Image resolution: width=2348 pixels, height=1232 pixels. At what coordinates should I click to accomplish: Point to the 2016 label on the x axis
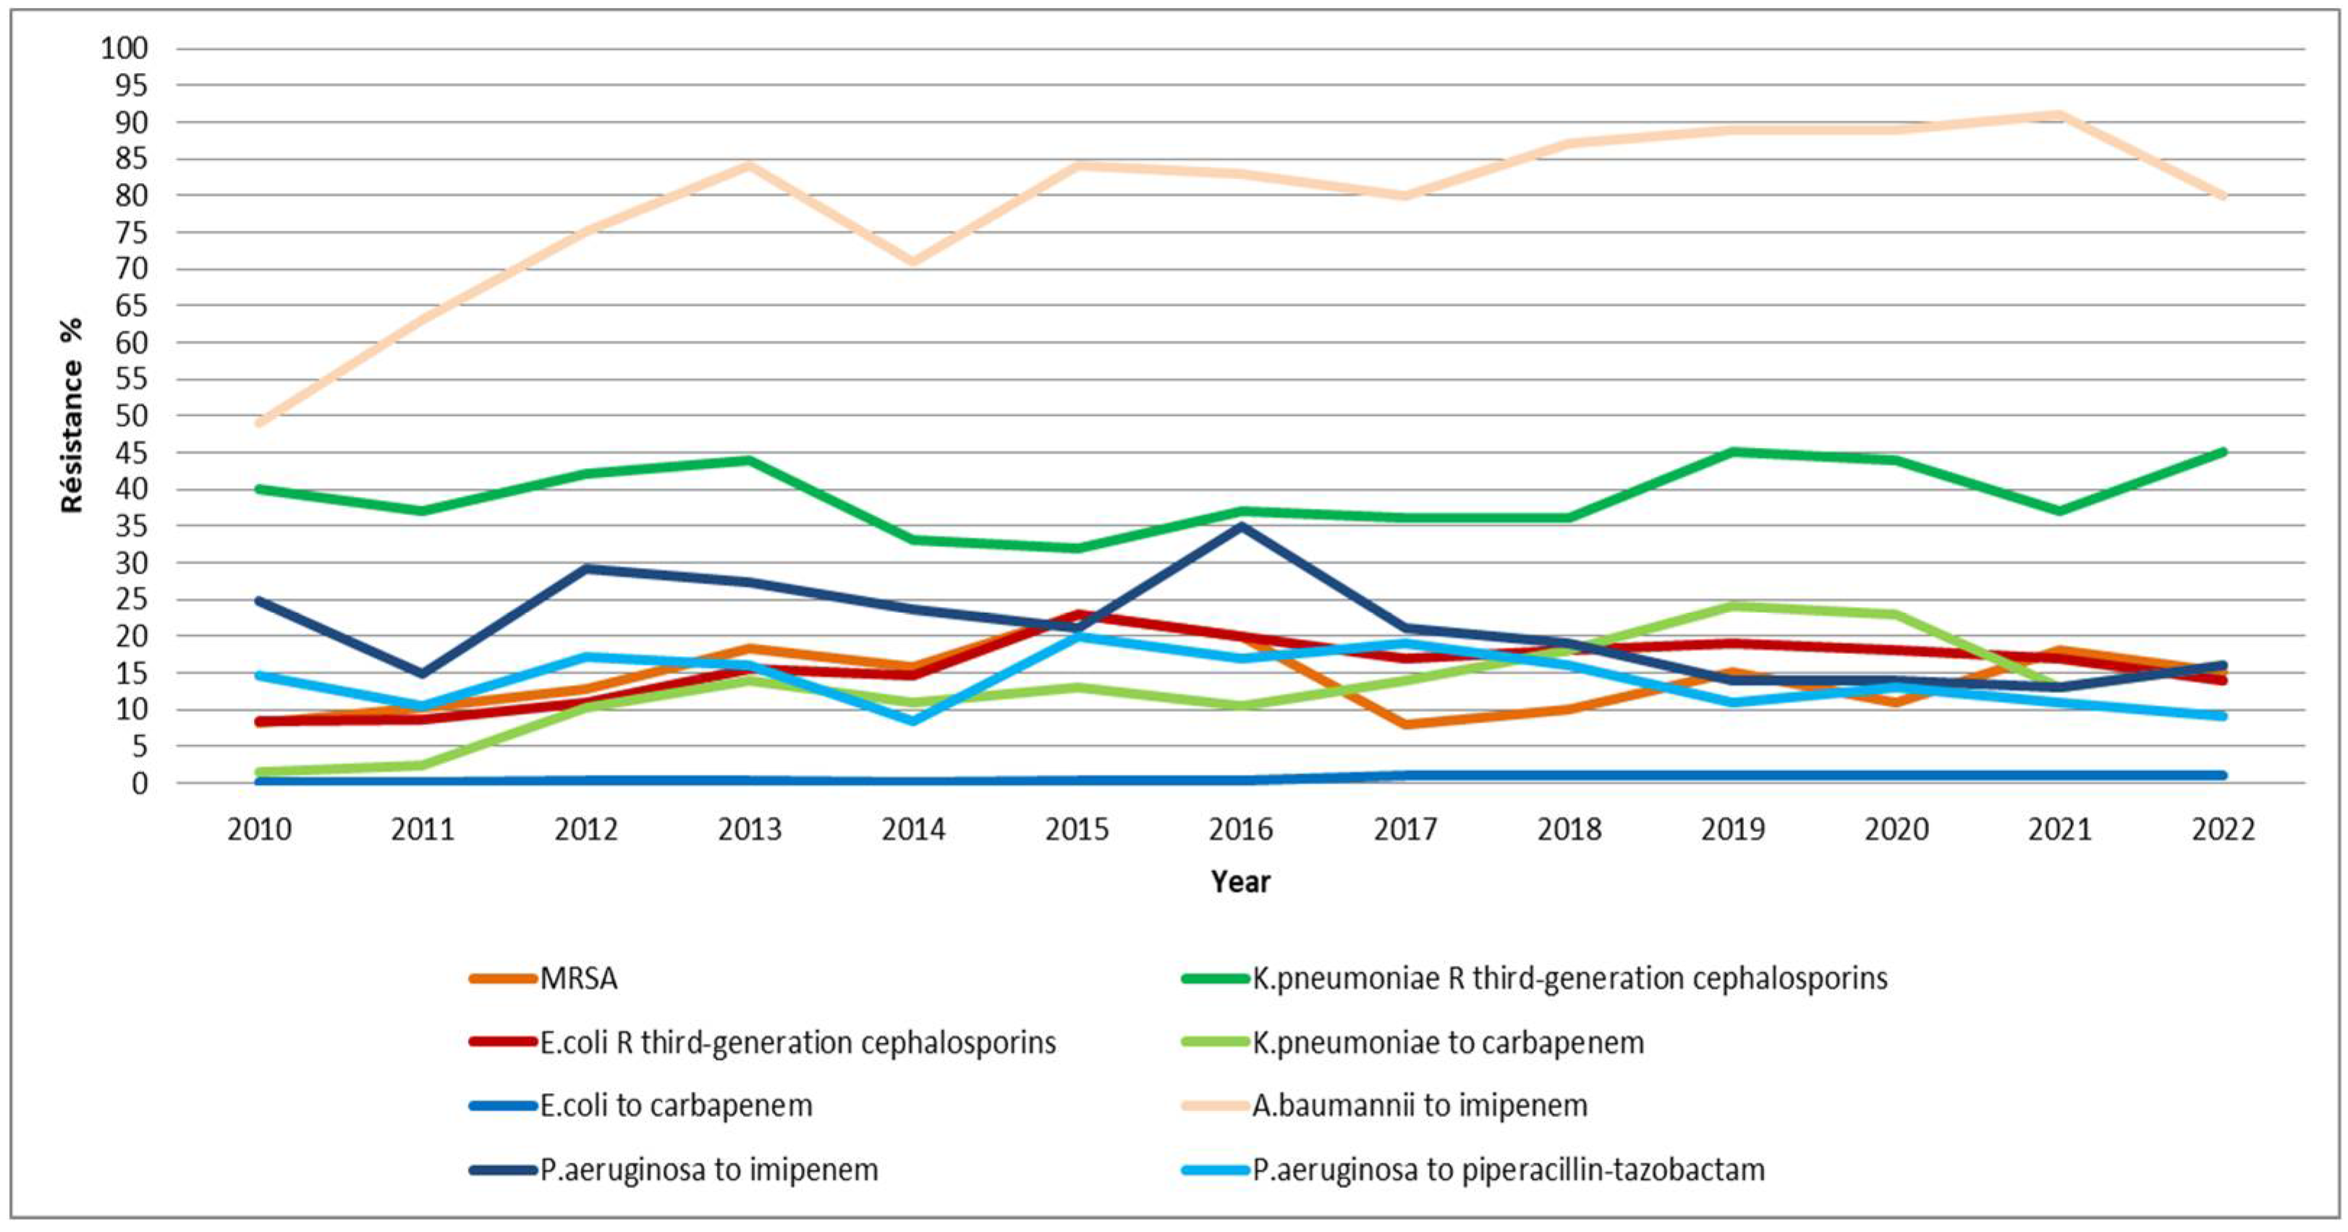(x=1240, y=829)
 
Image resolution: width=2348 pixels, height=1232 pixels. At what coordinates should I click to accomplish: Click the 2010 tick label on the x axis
(x=260, y=829)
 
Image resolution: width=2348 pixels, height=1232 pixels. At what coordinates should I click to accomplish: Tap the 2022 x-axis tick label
(x=2223, y=829)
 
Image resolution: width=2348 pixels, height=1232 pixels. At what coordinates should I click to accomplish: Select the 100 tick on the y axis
(x=125, y=48)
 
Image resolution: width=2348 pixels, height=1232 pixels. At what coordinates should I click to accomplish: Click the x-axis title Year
(x=1240, y=881)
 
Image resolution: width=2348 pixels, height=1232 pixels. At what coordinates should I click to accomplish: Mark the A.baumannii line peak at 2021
(x=2059, y=116)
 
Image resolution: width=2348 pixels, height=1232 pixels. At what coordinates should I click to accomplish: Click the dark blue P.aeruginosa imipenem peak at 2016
(x=1240, y=527)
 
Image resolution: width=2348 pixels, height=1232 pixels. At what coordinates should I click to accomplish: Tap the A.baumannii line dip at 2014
(x=913, y=262)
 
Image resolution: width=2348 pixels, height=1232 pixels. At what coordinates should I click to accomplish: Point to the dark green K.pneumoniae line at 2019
(x=1732, y=452)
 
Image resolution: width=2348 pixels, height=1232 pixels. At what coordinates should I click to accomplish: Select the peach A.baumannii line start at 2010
(x=260, y=422)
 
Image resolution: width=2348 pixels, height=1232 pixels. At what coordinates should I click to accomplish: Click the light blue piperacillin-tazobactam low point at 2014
(x=913, y=720)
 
